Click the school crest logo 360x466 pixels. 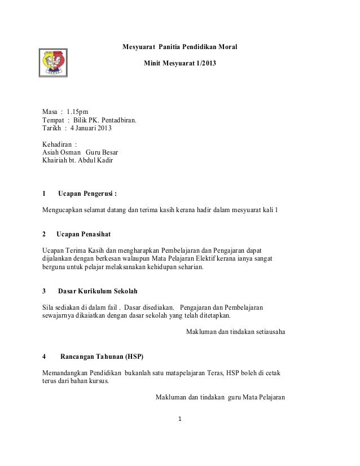55,63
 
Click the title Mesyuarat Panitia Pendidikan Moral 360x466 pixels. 180,46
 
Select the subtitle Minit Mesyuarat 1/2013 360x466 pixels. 179,66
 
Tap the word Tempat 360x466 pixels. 54,120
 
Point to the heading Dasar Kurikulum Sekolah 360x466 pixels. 98,291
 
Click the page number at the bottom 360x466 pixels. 179,419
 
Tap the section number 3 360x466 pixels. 45,291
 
